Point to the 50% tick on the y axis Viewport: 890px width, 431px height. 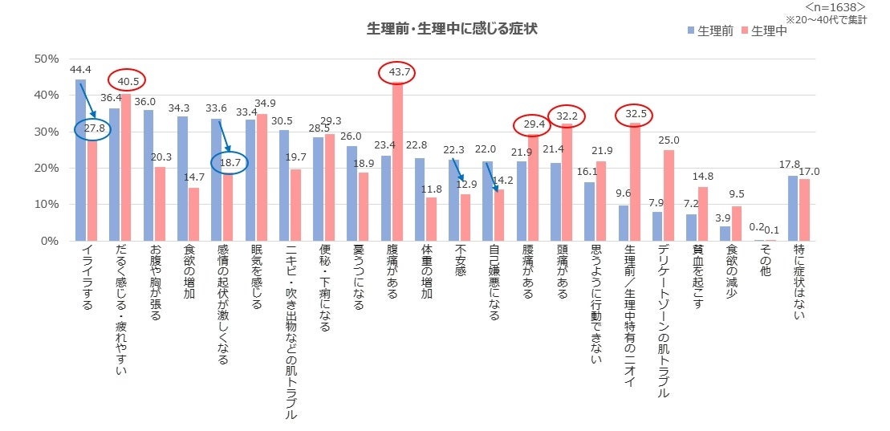tap(47, 59)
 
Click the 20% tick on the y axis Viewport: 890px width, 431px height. tap(47, 168)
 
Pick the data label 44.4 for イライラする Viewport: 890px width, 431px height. tap(80, 71)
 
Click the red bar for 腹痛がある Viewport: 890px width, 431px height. tap(397, 161)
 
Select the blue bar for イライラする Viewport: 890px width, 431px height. tap(80, 161)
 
